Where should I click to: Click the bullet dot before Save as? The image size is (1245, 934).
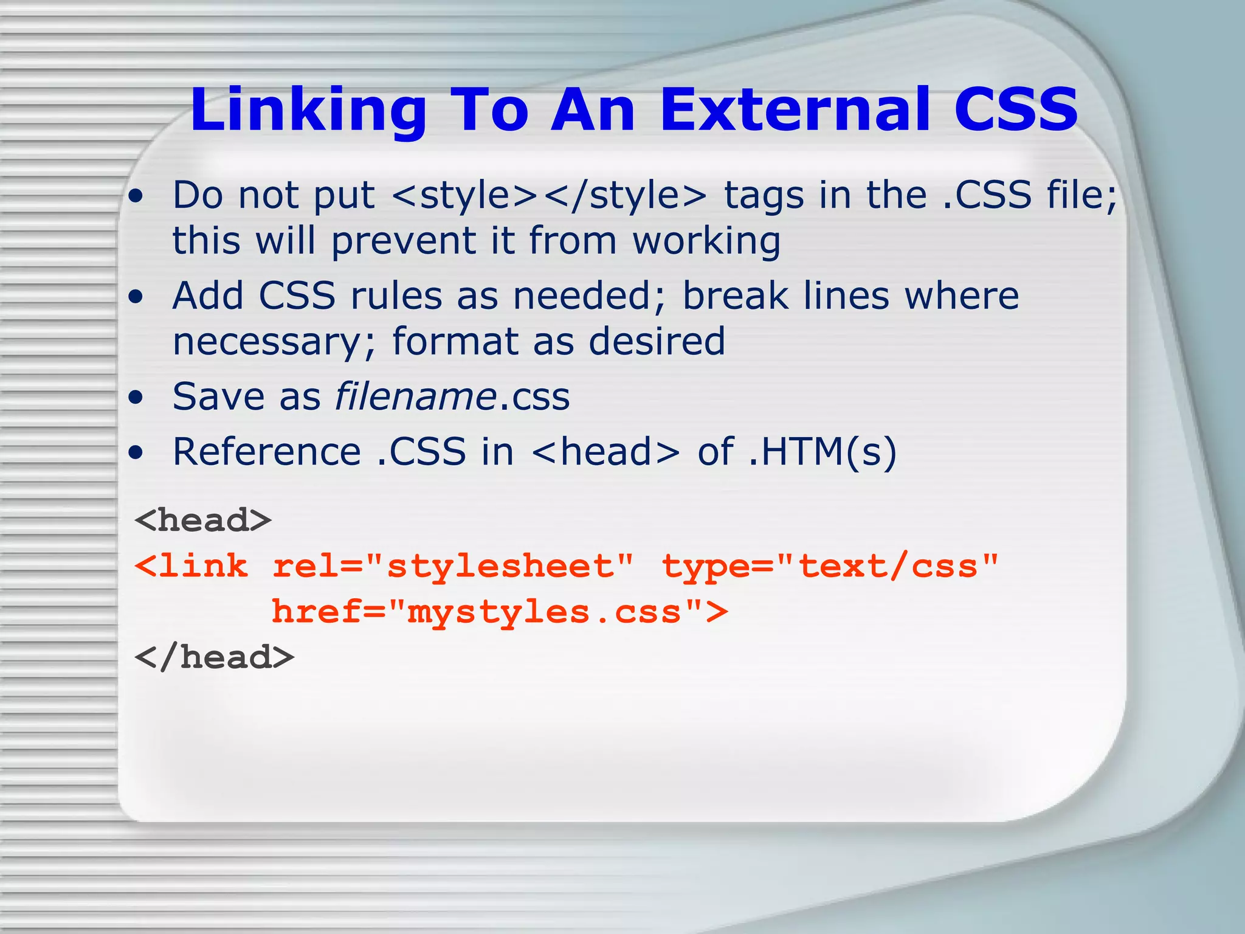136,398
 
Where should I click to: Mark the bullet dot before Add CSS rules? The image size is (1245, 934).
136,297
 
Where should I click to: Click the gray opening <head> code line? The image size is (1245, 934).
203,521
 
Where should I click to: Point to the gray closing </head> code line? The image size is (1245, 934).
214,658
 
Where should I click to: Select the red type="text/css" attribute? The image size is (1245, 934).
830,567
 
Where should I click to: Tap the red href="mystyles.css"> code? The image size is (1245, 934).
499,612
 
